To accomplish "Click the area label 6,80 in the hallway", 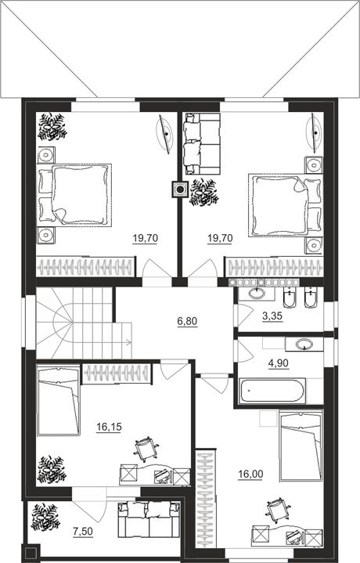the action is (x=187, y=321).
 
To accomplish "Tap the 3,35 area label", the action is (x=272, y=316).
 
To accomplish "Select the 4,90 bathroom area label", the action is (x=279, y=363).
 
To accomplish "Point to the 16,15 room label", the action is (x=109, y=427).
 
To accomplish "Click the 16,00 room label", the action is (x=250, y=475).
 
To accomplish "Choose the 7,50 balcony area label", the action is (x=83, y=532).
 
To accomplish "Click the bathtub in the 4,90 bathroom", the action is (x=273, y=391).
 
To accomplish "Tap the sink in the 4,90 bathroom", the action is (x=304, y=345).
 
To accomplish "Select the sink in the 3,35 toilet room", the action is (x=256, y=294).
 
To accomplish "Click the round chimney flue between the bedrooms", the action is (x=180, y=189).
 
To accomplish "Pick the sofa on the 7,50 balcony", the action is (x=149, y=520).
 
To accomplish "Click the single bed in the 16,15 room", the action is (x=59, y=401).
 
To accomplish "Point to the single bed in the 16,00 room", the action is (x=301, y=446).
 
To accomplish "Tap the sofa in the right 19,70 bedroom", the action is (x=201, y=143).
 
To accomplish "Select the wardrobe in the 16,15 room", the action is (x=117, y=374).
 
